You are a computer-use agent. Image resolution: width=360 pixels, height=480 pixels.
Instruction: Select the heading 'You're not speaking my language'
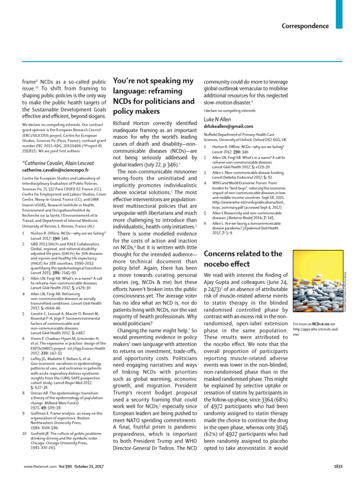click(154, 96)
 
